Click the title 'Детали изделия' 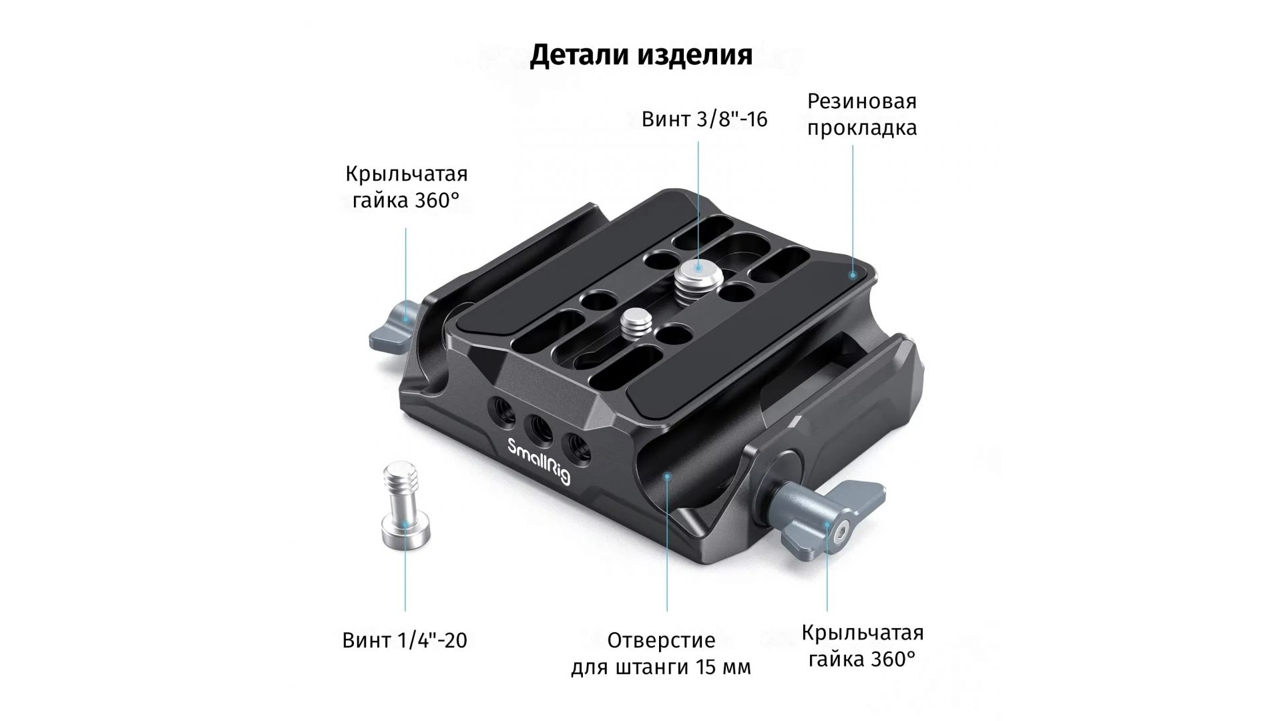click(641, 55)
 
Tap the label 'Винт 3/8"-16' click(704, 119)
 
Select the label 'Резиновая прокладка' click(862, 114)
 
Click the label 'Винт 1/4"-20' click(405, 640)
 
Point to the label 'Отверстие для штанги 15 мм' click(661, 654)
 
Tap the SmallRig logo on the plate click(538, 461)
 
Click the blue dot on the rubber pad click(852, 273)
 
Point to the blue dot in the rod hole click(666, 475)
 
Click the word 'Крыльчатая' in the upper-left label click(406, 174)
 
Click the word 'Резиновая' click(862, 102)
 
